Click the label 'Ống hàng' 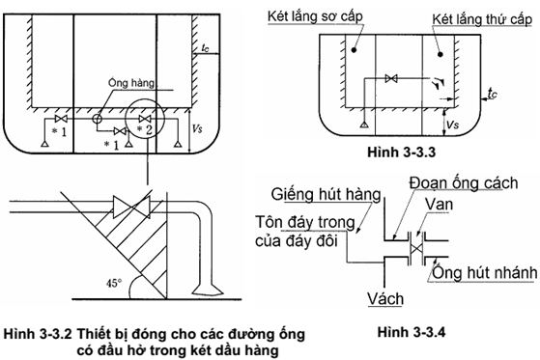[131, 83]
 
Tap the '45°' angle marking [114, 283]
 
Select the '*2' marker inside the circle [145, 129]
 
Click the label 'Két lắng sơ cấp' [315, 16]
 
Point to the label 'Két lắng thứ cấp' [482, 19]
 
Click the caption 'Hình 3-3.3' [401, 152]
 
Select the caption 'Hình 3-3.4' [412, 332]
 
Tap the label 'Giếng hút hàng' [326, 194]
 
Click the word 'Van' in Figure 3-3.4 [439, 205]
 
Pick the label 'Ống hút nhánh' [484, 273]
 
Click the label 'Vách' [385, 299]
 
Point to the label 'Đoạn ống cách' [464, 183]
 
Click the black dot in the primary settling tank [354, 50]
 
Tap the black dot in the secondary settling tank [441, 54]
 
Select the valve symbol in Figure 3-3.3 [391, 78]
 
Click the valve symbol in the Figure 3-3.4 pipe [416, 248]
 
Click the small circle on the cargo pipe [97, 119]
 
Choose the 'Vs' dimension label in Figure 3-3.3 [452, 124]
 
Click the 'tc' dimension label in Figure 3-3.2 [205, 47]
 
